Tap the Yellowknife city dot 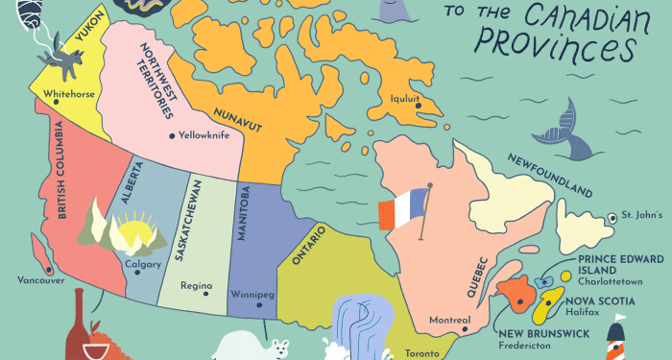click(x=172, y=136)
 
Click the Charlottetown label click(x=615, y=283)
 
